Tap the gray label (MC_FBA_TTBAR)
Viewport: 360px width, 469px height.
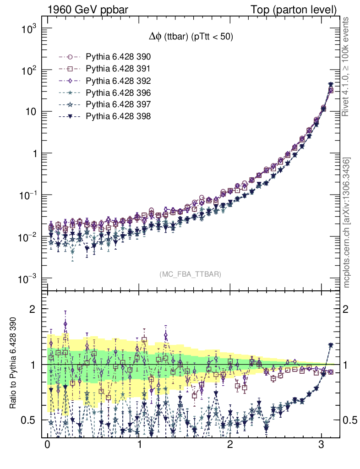191,274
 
